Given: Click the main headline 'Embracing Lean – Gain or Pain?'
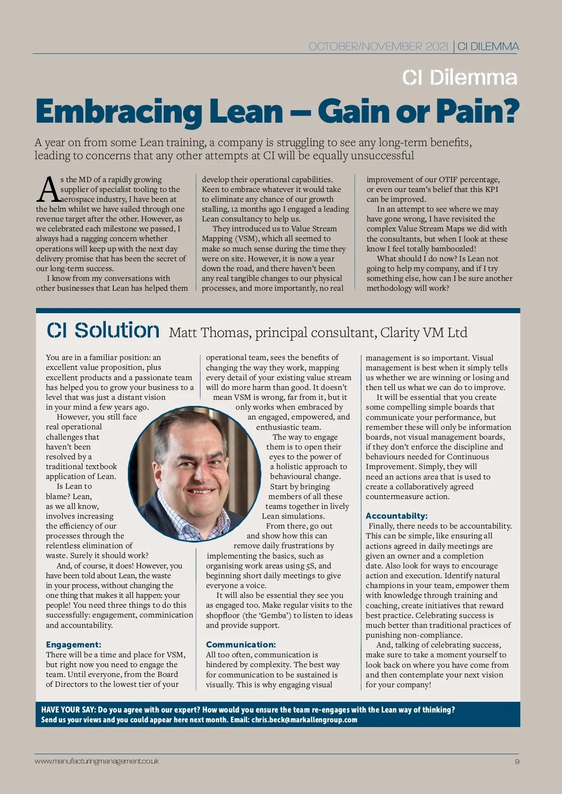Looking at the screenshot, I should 277,111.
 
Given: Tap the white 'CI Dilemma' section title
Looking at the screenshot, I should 459,78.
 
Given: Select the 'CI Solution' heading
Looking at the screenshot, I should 103,331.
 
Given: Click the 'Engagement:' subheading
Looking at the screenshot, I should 74,645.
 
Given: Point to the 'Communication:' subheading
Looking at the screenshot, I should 241,645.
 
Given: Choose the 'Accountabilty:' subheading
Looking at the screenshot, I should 396,516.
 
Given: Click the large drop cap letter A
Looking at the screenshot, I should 48,190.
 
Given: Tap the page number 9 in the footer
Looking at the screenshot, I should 517,761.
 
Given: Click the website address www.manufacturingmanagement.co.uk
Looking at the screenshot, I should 96,761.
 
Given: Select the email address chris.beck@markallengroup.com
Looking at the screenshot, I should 304,720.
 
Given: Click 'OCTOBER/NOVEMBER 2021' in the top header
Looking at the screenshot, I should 378,46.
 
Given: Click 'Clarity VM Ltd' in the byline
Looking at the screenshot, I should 423,333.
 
